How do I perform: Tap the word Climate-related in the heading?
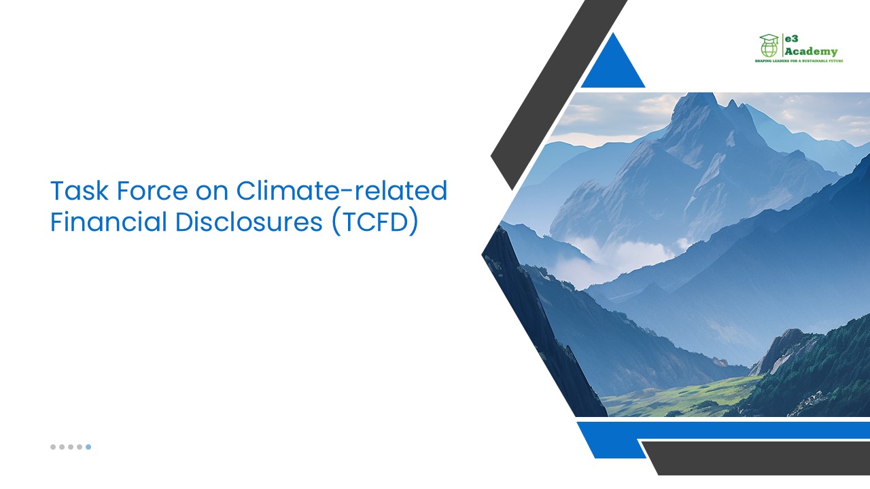click(x=341, y=192)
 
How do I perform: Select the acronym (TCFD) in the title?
click(x=375, y=223)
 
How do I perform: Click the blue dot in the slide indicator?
click(x=88, y=447)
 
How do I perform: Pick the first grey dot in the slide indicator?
click(x=53, y=447)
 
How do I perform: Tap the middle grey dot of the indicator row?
click(x=71, y=447)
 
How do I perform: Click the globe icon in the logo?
click(x=769, y=49)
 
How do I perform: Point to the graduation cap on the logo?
click(x=769, y=39)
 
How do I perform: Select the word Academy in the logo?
click(x=811, y=52)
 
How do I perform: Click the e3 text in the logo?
click(x=793, y=39)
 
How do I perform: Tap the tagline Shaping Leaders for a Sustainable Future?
click(x=799, y=61)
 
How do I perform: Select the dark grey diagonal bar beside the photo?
click(x=557, y=95)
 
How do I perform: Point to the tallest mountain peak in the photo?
click(x=695, y=102)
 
